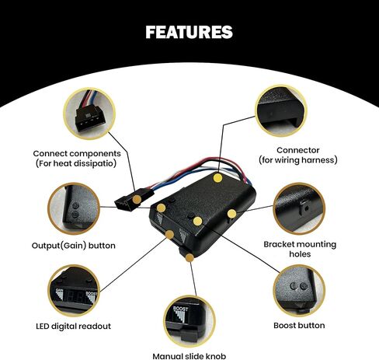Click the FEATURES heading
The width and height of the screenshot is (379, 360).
tap(189, 33)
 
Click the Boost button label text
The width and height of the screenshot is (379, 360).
tap(299, 325)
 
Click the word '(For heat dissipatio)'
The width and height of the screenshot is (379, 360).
tap(75, 163)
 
